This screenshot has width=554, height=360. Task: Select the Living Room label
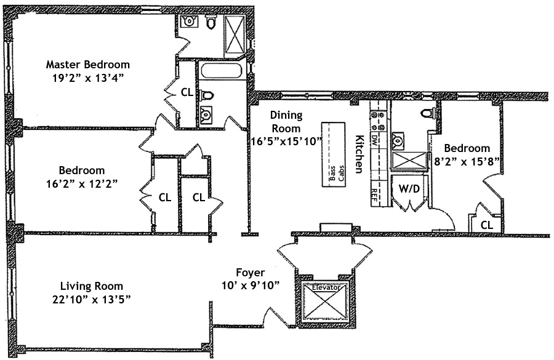(x=92, y=286)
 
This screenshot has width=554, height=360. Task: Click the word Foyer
(x=251, y=272)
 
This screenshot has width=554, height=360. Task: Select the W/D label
(x=409, y=189)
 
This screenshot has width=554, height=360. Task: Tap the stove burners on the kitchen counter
(x=377, y=119)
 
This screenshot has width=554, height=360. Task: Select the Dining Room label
(x=284, y=122)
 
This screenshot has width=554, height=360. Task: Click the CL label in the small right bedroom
(x=486, y=225)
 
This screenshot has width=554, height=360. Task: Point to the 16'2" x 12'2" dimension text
(x=82, y=183)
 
